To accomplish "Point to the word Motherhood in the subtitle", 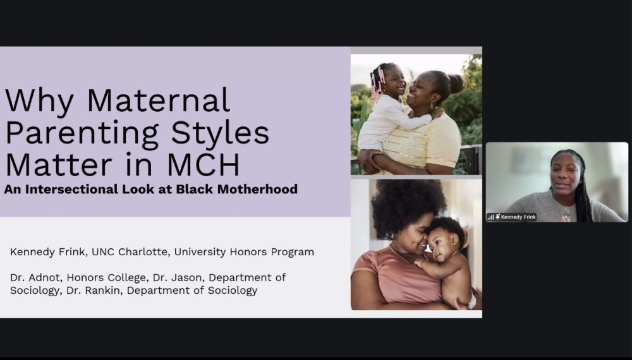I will coord(255,189).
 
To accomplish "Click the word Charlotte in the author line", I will coord(139,252).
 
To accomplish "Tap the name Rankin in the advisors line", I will coord(167,291).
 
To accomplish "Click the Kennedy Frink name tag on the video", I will coord(518,217).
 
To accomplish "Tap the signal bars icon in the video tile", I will coord(490,217).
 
